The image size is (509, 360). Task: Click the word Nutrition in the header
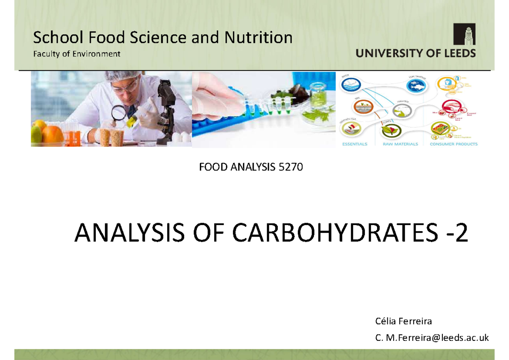(258, 38)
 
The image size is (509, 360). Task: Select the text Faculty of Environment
(77, 54)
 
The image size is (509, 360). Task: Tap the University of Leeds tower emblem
(464, 34)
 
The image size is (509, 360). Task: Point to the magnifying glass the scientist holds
(119, 112)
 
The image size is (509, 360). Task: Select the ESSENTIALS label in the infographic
(355, 144)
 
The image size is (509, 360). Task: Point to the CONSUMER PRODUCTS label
(453, 144)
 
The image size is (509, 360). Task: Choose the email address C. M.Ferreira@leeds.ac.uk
(432, 338)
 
